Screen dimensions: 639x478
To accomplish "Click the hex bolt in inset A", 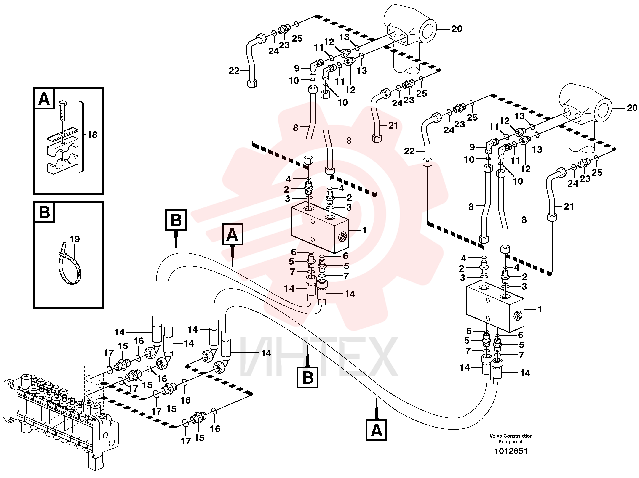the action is [62, 111].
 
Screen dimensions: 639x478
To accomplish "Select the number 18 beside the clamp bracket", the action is [92, 135].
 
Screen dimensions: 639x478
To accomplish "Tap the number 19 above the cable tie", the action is [75, 239].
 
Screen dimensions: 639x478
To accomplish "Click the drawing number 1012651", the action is [511, 451].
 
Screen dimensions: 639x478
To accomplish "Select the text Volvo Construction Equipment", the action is [511, 439].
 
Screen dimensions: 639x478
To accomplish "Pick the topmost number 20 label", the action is [457, 29].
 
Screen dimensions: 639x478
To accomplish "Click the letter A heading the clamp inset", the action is [44, 99].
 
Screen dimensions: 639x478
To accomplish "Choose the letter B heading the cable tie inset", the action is [44, 212].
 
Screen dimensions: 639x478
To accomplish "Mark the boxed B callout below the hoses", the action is [308, 377].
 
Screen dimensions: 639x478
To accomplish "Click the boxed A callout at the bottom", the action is [376, 430].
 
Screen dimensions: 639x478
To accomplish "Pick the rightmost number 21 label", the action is [569, 206].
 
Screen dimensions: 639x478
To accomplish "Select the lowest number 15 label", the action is [199, 438].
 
